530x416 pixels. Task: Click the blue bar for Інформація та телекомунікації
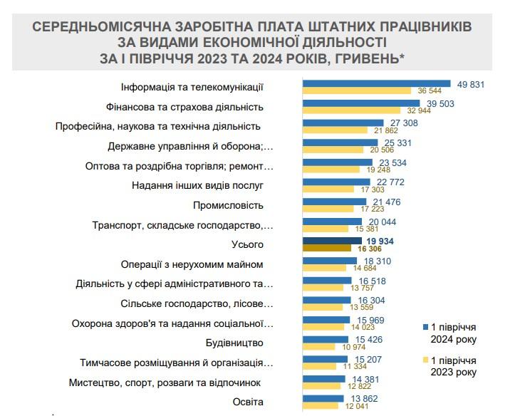coord(377,83)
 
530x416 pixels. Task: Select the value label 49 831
coord(471,84)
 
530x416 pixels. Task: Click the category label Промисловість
coord(228,205)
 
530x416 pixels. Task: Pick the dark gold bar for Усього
coord(327,249)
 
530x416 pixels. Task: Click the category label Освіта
coord(249,402)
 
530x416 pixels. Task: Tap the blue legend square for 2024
coord(425,327)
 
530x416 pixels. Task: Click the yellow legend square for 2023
coord(425,360)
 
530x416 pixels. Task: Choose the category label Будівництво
coord(235,343)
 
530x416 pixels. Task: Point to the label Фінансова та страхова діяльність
coord(185,107)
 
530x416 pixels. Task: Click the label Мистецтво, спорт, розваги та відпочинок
coord(165,383)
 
